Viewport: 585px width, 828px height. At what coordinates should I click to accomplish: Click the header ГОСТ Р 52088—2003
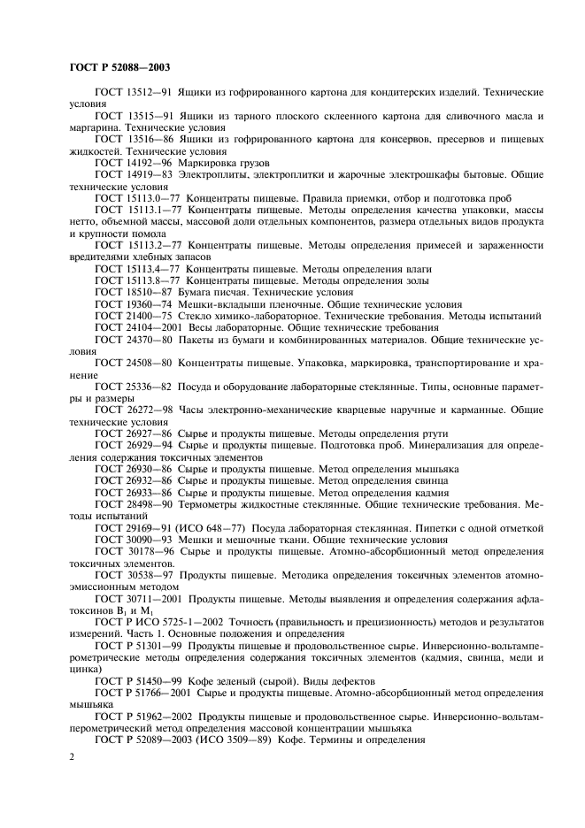(119, 67)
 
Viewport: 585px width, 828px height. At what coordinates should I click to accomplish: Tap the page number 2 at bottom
(72, 757)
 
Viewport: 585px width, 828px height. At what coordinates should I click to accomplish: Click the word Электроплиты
(213, 174)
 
